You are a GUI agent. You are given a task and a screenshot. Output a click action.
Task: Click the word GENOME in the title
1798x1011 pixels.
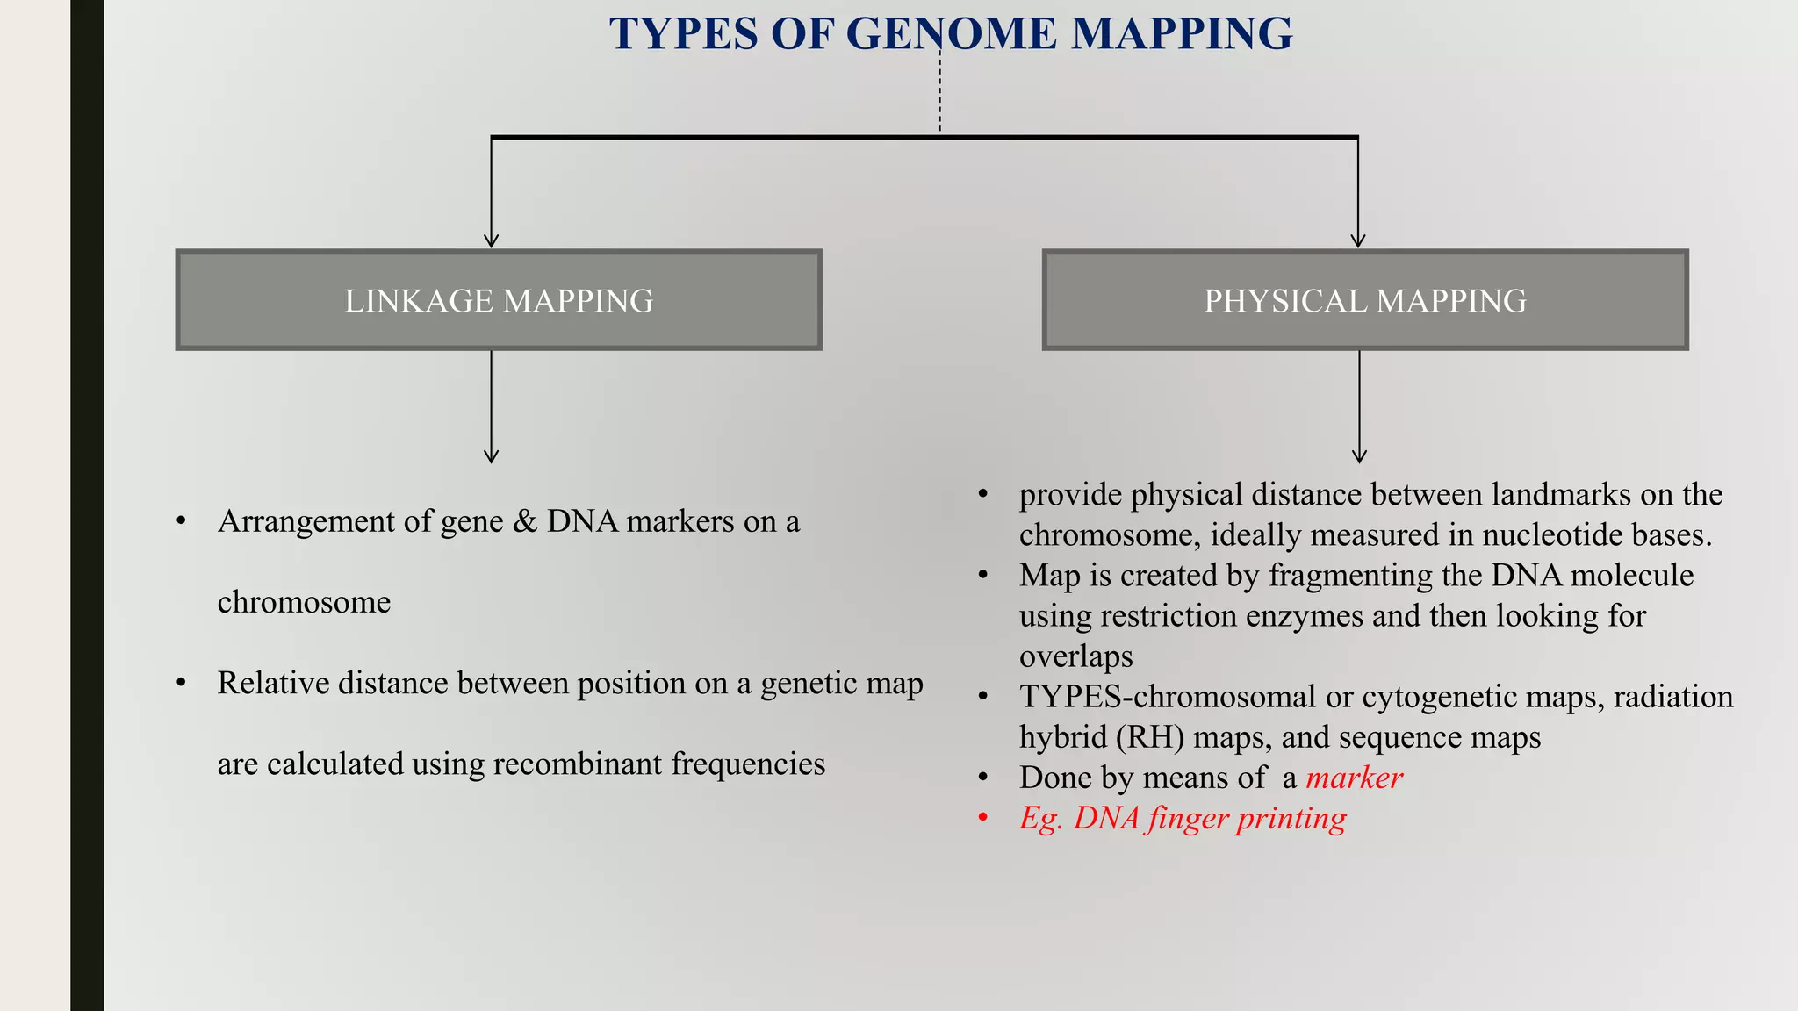[951, 34]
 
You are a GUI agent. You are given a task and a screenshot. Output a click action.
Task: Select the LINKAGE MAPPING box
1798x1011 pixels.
[498, 300]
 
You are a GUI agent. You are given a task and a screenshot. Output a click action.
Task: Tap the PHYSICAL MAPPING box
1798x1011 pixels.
[1364, 300]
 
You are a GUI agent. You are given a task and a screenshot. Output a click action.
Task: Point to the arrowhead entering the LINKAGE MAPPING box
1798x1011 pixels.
[492, 240]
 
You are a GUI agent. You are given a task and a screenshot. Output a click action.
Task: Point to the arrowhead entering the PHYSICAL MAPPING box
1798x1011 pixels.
[1358, 240]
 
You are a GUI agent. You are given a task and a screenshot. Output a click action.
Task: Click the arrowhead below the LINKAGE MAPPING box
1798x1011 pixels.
[492, 456]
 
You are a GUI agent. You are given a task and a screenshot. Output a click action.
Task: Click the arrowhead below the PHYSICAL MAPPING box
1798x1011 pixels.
[1359, 456]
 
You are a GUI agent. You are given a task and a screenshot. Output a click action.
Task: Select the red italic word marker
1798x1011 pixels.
[1354, 778]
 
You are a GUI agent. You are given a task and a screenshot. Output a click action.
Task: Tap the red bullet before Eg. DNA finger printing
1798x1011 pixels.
[983, 819]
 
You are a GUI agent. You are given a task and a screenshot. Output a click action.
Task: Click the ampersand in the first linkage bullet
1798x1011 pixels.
[524, 521]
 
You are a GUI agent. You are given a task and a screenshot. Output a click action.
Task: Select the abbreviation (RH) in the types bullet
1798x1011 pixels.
[1149, 737]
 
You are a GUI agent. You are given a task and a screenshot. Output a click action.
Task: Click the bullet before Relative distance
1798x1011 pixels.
[182, 683]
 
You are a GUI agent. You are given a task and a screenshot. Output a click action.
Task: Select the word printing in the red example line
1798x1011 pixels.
[1291, 819]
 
